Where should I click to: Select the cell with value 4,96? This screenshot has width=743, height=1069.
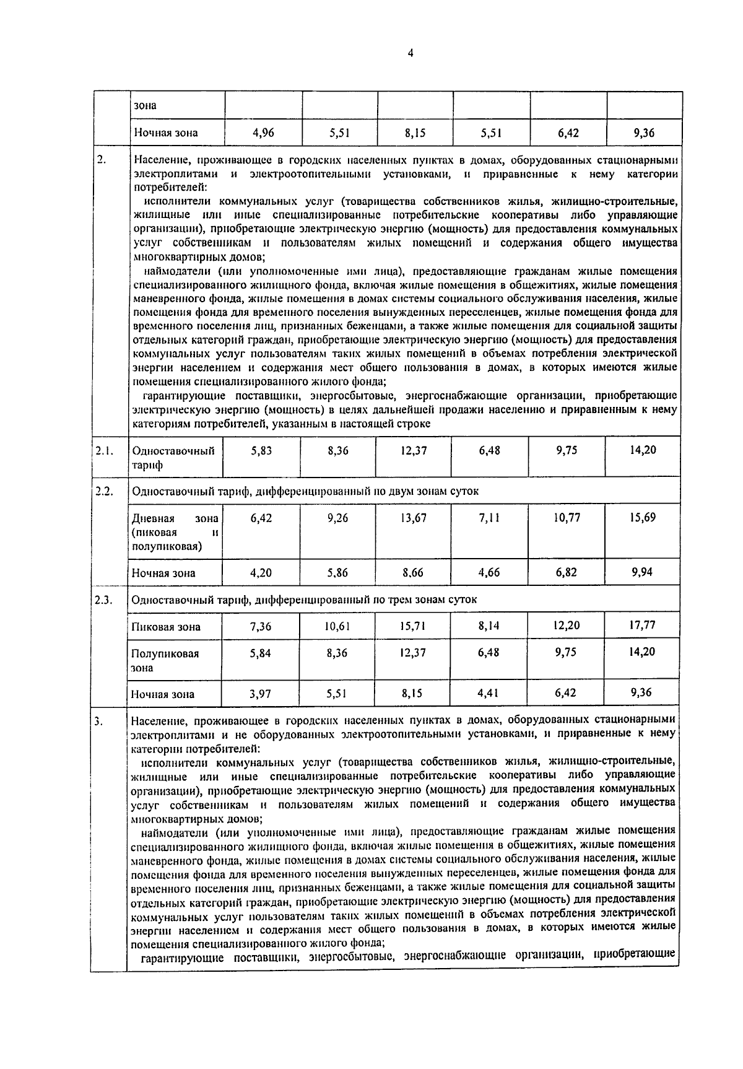coord(264,132)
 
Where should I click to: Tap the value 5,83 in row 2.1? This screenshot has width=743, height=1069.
coord(261,451)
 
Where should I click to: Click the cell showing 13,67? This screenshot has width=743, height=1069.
coord(414,518)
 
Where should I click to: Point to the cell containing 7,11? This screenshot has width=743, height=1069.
coord(489,518)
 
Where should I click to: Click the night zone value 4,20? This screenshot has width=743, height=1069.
coord(261,572)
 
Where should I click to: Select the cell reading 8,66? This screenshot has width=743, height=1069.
coord(413,572)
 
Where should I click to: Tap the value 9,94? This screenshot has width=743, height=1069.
coord(642,571)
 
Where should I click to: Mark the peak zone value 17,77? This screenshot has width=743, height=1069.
coord(642,625)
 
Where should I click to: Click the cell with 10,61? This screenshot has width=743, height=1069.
coord(337,626)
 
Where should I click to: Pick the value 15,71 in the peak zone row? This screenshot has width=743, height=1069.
coord(413,626)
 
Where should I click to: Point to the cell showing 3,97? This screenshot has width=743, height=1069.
coord(261,694)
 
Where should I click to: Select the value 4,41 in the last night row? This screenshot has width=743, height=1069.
coord(489,694)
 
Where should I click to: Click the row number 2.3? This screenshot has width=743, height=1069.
coord(103,600)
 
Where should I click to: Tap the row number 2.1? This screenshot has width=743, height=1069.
coord(103,451)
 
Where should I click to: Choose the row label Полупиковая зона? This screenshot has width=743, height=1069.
coord(165,660)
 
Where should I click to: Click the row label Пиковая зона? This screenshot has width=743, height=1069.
coord(166,627)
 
